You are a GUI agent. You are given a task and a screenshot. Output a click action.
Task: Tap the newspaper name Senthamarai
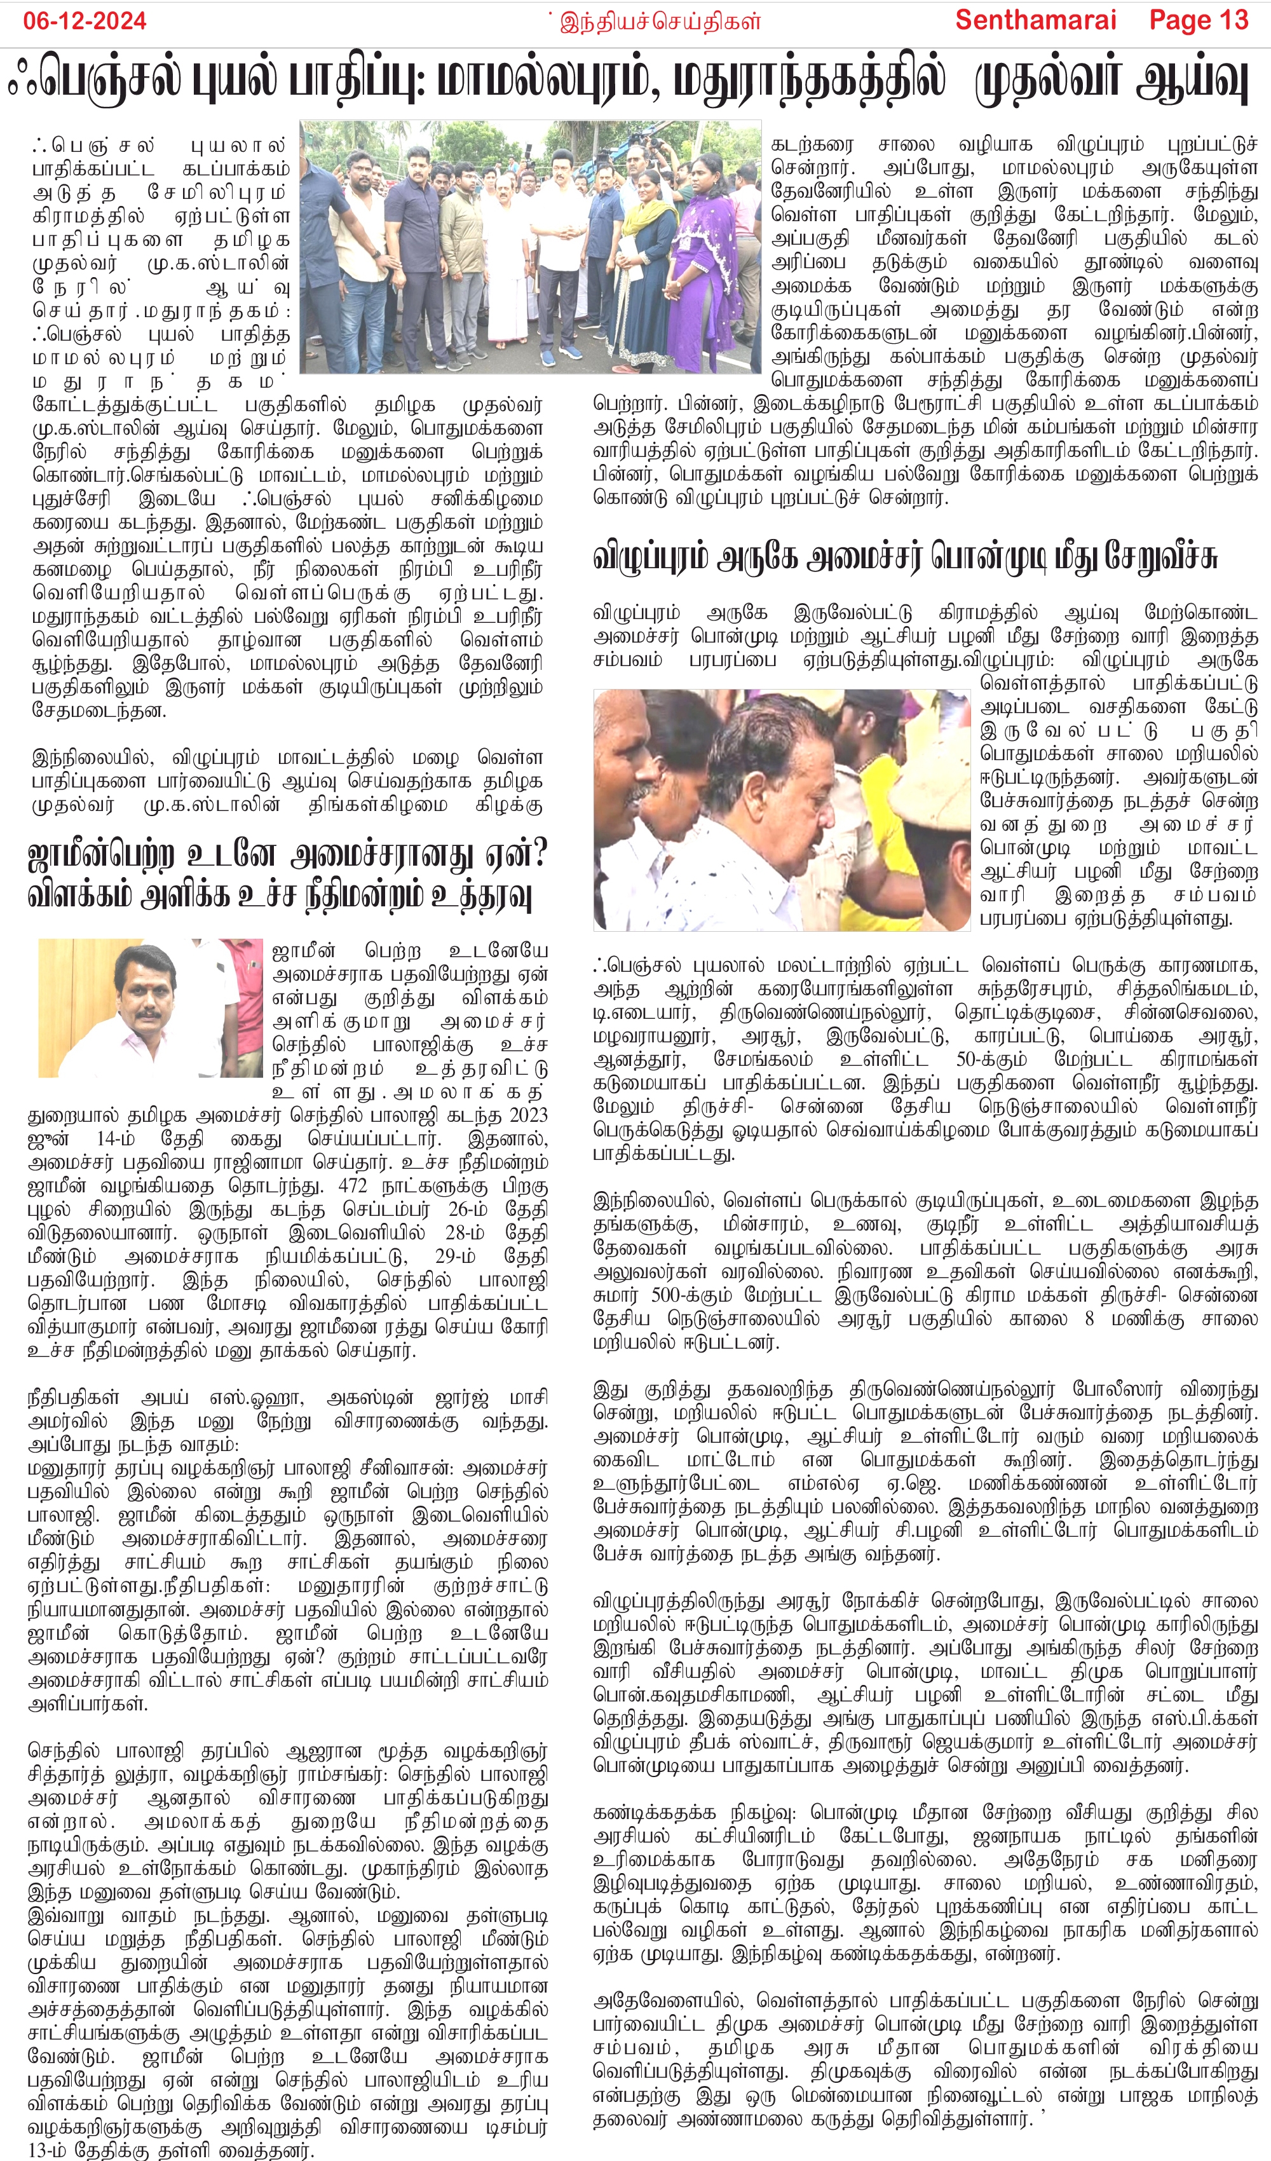[x=1035, y=20]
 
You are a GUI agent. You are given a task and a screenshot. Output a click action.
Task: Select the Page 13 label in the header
[x=1199, y=20]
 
